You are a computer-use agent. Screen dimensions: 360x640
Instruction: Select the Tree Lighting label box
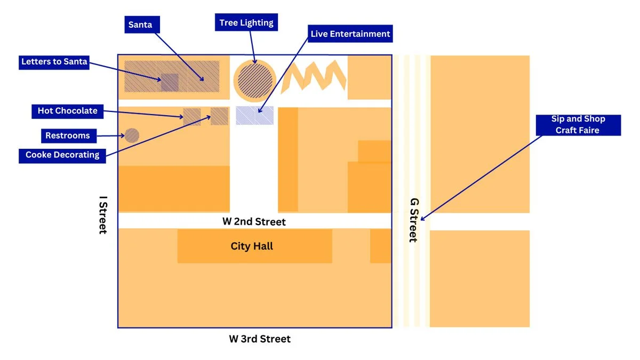click(x=246, y=22)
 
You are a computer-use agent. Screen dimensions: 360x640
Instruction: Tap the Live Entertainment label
click(x=350, y=34)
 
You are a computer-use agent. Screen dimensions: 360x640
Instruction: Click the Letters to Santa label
click(x=54, y=62)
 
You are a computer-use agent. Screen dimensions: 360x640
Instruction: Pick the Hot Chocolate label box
click(x=67, y=111)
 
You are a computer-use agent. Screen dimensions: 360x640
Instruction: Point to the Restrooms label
click(x=67, y=135)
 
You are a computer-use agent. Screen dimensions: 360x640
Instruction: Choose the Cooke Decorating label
click(x=62, y=155)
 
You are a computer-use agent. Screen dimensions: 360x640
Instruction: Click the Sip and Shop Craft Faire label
click(x=578, y=125)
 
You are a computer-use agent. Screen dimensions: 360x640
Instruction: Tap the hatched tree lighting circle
click(x=255, y=80)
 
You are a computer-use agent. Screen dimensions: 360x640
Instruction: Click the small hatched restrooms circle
click(x=132, y=135)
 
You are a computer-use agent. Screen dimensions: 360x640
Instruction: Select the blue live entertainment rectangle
click(x=255, y=115)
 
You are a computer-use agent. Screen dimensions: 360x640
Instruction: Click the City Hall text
click(x=252, y=246)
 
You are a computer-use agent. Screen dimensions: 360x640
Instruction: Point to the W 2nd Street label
click(x=254, y=221)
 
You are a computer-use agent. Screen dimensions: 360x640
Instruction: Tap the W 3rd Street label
click(x=260, y=339)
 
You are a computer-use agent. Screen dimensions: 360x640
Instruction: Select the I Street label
click(x=102, y=215)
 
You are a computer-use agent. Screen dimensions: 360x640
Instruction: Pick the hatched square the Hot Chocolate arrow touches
click(x=192, y=117)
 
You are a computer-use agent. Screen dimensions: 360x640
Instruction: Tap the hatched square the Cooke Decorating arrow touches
click(x=219, y=116)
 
